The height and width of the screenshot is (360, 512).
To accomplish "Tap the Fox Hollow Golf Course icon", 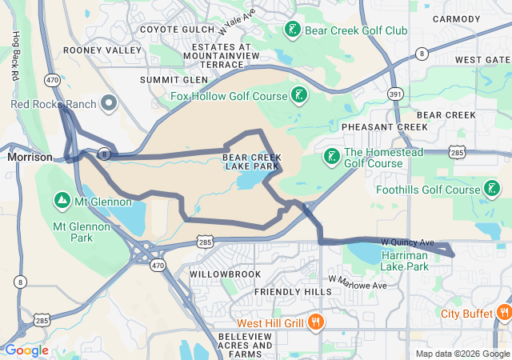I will pyautogui.click(x=299, y=96).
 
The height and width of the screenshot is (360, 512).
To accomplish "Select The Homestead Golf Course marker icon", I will pyautogui.click(x=331, y=156).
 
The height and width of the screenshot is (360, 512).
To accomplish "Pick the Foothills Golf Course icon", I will pyautogui.click(x=494, y=190).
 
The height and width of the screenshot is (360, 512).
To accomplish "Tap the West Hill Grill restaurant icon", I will pyautogui.click(x=317, y=322).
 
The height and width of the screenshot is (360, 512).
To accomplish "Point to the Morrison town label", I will pyautogui.click(x=30, y=158).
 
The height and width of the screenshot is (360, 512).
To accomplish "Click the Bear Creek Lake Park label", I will pyautogui.click(x=252, y=163).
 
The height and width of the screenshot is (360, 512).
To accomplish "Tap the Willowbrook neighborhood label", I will pyautogui.click(x=226, y=274).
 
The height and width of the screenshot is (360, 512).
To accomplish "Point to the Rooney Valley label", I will pyautogui.click(x=113, y=50).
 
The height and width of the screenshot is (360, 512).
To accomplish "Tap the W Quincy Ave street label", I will pyautogui.click(x=407, y=242).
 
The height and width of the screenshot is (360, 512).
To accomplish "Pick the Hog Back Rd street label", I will pyautogui.click(x=14, y=56).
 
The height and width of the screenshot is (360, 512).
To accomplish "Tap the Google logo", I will pyautogui.click(x=26, y=350).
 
